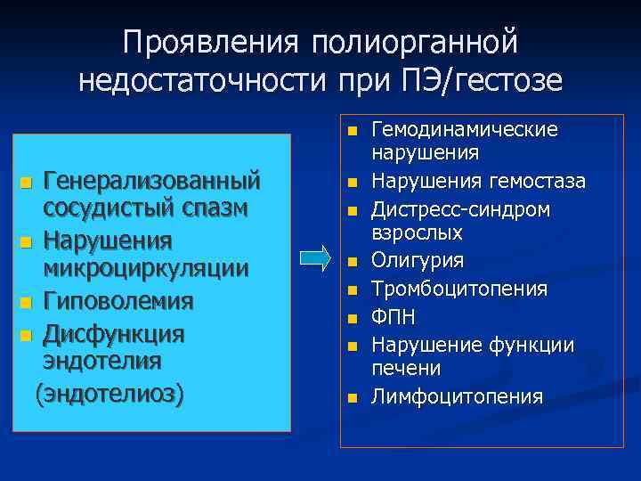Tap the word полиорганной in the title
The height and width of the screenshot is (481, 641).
(414, 40)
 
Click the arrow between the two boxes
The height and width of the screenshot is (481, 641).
(315, 258)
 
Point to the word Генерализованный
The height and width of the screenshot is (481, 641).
(152, 181)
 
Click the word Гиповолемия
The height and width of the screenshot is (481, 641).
(118, 301)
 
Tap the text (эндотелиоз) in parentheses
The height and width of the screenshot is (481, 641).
(109, 393)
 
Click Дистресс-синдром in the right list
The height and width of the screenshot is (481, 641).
(460, 209)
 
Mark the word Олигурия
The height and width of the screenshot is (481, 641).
(418, 261)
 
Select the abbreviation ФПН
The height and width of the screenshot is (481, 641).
(393, 316)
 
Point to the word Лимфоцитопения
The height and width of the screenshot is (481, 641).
(457, 395)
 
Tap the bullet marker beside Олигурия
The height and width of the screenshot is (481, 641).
(353, 263)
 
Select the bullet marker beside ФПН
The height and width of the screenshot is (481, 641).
(353, 318)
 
